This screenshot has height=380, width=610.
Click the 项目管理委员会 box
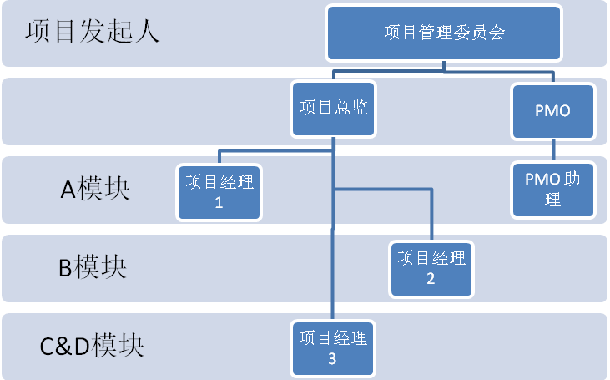445,33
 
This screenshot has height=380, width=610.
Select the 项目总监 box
334,109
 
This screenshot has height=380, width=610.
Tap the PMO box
552,111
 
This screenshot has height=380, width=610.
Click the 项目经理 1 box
219,192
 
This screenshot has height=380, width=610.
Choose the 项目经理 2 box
431,268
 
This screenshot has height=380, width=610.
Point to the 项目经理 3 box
332,348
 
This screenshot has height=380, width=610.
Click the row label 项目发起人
92,33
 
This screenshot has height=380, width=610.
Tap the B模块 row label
92,268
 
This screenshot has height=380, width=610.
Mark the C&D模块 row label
92,345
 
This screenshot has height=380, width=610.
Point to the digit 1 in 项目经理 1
219,202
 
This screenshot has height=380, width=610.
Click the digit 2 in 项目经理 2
431,279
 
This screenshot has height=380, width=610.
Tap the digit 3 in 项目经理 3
332,359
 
